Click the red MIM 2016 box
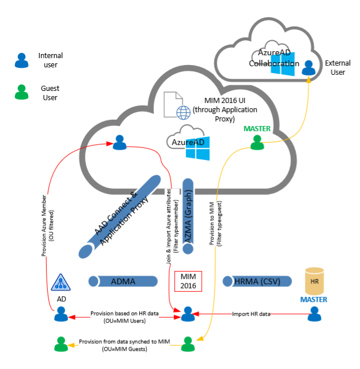click(188, 281)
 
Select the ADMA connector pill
click(123, 281)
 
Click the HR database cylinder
click(313, 281)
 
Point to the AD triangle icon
click(60, 281)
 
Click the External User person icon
click(309, 68)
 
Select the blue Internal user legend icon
click(21, 60)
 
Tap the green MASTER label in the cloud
click(257, 128)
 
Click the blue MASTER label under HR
click(313, 299)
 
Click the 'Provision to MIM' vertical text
click(214, 214)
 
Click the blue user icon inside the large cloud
click(119, 142)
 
